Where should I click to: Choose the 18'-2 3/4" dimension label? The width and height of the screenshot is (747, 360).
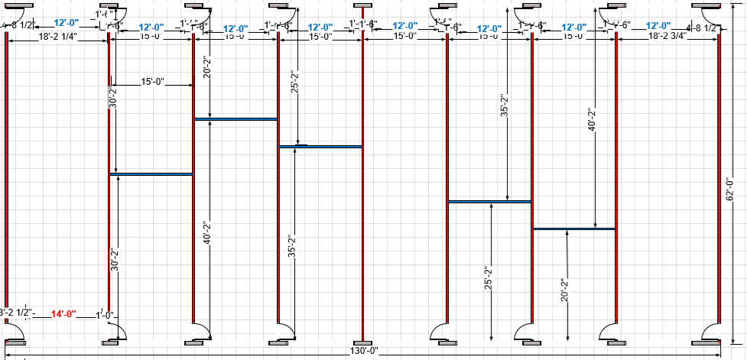pyautogui.click(x=668, y=36)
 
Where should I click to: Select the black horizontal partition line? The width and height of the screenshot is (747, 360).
pyautogui.click(x=574, y=229)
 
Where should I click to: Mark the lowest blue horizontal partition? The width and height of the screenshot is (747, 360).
pyautogui.click(x=489, y=202)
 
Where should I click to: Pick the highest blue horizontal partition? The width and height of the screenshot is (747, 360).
pyautogui.click(x=235, y=119)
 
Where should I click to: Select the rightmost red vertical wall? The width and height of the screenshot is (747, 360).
pyautogui.click(x=719, y=176)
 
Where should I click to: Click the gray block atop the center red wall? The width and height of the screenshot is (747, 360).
pyautogui.click(x=362, y=6)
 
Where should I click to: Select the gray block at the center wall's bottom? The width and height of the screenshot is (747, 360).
pyautogui.click(x=362, y=342)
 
